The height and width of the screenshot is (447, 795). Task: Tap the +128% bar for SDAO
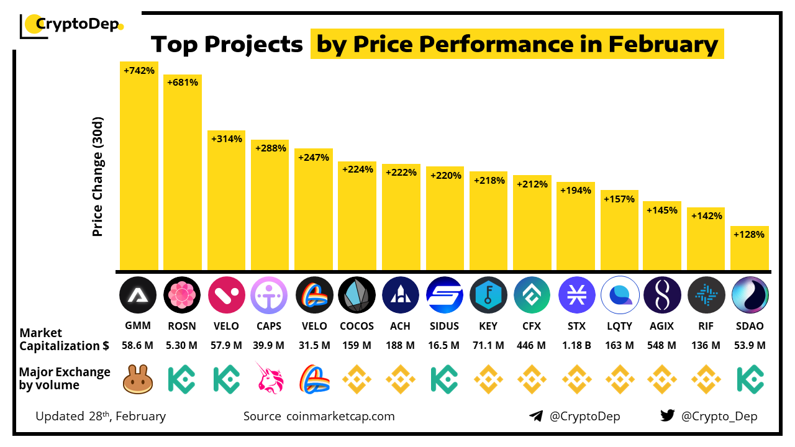pos(750,248)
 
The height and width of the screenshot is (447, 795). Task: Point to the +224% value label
pos(357,169)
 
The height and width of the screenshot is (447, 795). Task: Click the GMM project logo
pos(138,295)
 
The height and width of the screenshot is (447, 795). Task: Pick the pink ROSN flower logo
pos(182,295)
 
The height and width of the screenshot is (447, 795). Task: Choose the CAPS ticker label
pos(269,326)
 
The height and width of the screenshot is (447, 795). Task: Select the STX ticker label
pos(576,326)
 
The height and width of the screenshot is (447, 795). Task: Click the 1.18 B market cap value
pos(576,345)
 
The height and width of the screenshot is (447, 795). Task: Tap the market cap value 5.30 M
pos(182,345)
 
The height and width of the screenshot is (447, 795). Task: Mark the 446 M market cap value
pos(532,345)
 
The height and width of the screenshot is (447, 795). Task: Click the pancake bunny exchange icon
pos(138,379)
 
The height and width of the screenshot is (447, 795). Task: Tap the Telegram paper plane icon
pos(536,416)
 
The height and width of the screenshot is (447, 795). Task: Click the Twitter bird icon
pos(668,416)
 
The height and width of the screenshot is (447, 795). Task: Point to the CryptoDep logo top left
pos(72,25)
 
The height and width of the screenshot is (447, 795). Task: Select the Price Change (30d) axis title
pos(98,177)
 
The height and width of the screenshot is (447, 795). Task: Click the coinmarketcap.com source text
pos(340,416)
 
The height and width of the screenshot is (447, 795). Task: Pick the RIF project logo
pos(706,295)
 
